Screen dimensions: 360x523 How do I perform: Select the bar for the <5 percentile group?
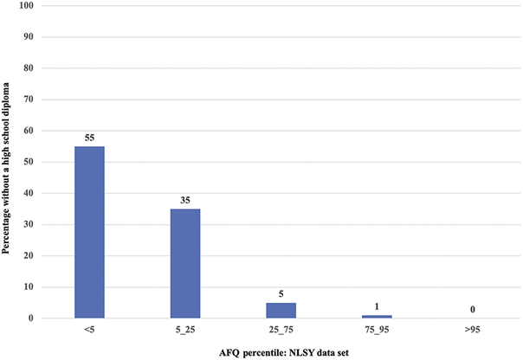pyautogui.click(x=89, y=232)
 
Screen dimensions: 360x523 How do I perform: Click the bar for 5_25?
pyautogui.click(x=185, y=263)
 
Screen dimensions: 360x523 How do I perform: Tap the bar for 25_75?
pyautogui.click(x=281, y=310)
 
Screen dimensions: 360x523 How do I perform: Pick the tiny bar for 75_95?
pyautogui.click(x=377, y=316)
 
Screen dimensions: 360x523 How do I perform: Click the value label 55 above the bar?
pyautogui.click(x=89, y=137)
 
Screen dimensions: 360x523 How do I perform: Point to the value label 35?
pyautogui.click(x=185, y=200)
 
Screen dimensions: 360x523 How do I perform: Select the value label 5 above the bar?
pyautogui.click(x=281, y=293)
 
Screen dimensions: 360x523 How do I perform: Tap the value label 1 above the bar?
pyautogui.click(x=377, y=306)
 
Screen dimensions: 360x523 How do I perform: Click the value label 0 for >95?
pyautogui.click(x=473, y=309)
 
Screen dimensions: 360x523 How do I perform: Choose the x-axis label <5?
pyautogui.click(x=89, y=330)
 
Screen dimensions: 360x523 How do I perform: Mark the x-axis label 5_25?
pyautogui.click(x=185, y=330)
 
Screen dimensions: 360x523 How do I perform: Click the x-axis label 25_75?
pyautogui.click(x=281, y=330)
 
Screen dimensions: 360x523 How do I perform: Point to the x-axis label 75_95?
pyautogui.click(x=377, y=330)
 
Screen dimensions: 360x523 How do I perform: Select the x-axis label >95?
pyautogui.click(x=473, y=330)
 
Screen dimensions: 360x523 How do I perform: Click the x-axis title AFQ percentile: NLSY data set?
pyautogui.click(x=281, y=352)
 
